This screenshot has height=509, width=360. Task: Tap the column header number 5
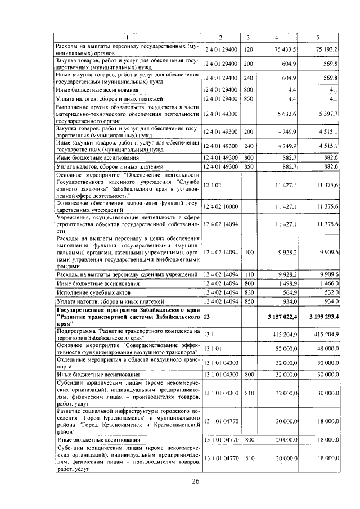[318, 37]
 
